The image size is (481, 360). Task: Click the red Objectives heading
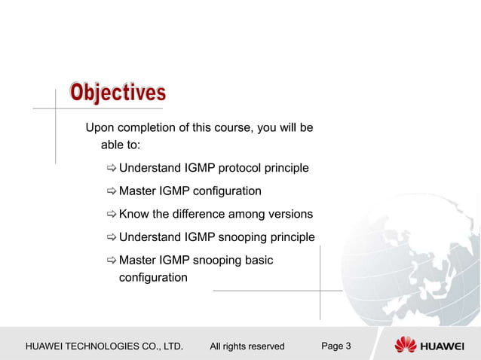point(118,93)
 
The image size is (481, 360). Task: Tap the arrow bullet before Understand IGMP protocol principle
point(111,168)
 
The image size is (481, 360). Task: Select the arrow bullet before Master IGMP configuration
point(111,191)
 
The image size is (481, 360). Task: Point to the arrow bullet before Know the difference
point(111,215)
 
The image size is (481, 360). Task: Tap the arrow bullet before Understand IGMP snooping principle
point(111,238)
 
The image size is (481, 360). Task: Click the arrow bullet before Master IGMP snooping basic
point(111,261)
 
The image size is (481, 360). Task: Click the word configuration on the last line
point(153,278)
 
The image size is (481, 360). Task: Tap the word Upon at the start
point(100,127)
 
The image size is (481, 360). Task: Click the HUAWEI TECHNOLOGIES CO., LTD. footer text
point(104,346)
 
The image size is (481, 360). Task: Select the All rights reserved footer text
point(247,346)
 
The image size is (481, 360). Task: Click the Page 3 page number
point(335,346)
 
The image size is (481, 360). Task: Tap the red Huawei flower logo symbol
point(406,345)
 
